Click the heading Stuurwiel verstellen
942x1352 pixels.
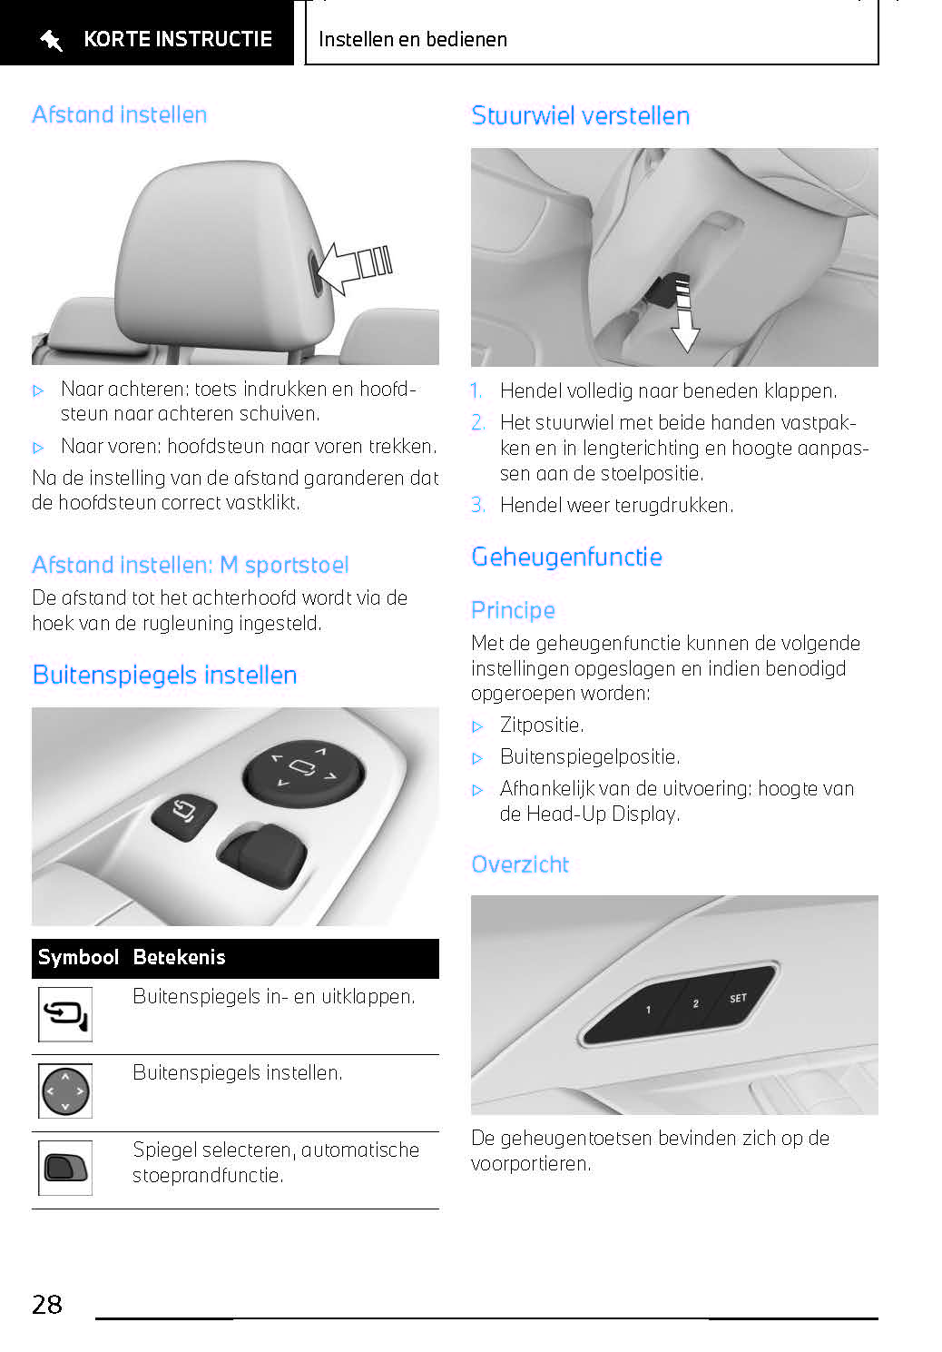point(580,116)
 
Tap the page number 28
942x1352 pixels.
point(47,1304)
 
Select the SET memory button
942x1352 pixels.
point(738,998)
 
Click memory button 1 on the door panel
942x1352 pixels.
point(648,1009)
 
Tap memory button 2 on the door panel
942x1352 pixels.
point(695,1003)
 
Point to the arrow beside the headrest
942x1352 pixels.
point(355,267)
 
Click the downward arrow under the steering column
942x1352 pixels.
point(684,314)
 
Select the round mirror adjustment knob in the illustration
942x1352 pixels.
point(303,772)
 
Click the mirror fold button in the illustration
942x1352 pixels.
point(184,816)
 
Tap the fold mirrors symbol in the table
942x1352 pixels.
point(65,1014)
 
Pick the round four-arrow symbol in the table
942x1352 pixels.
point(65,1090)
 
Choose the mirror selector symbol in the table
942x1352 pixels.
point(65,1168)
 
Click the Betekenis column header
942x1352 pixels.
point(179,957)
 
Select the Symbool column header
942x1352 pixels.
point(78,957)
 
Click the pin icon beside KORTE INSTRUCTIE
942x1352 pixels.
point(51,41)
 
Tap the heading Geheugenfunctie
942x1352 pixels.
point(567,558)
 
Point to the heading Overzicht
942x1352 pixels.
point(520,864)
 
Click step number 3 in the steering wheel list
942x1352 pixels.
point(477,505)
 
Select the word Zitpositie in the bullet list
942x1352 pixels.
point(541,725)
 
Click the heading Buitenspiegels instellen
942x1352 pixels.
point(164,676)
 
